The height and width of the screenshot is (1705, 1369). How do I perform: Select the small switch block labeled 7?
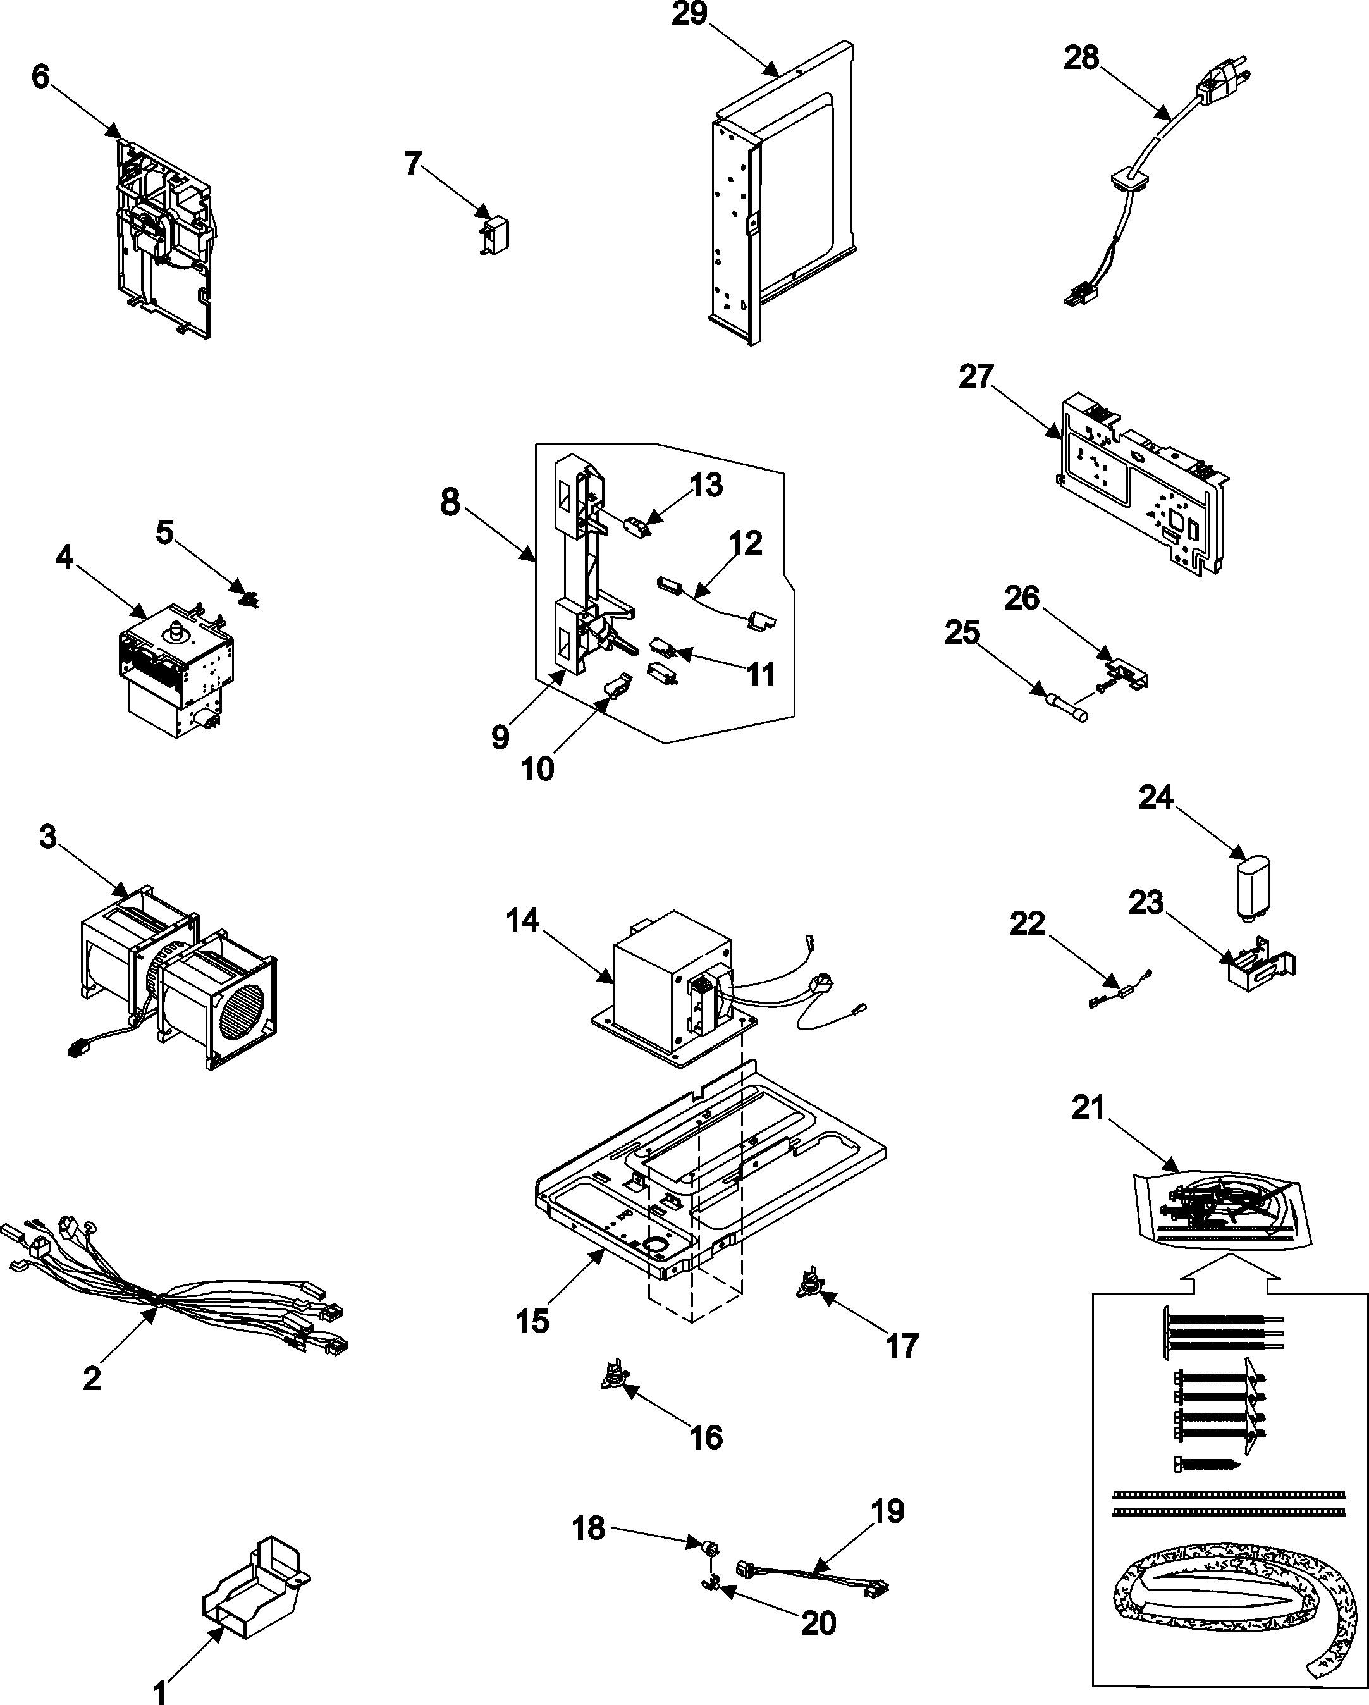[496, 234]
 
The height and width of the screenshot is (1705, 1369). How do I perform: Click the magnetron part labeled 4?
[175, 665]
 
